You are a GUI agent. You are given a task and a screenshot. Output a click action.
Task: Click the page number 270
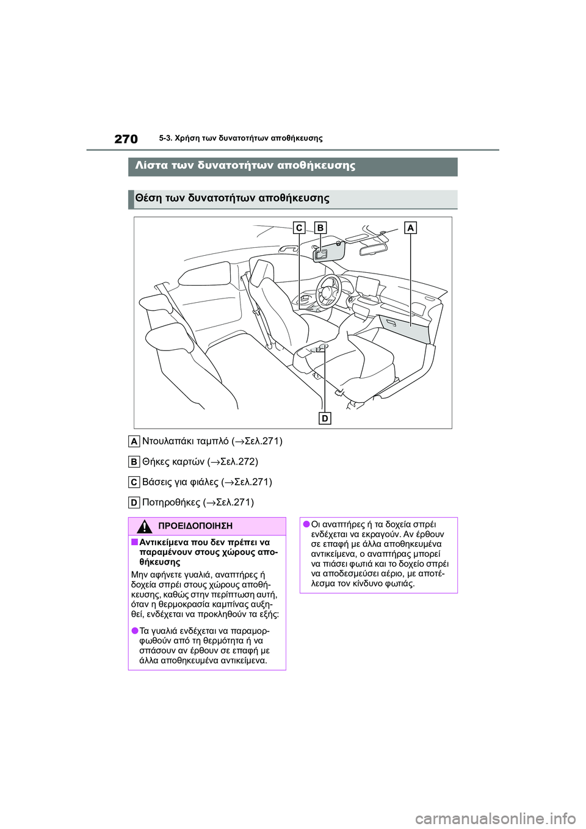pyautogui.click(x=126, y=139)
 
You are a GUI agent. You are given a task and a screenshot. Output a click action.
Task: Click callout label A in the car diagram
pyautogui.click(x=410, y=228)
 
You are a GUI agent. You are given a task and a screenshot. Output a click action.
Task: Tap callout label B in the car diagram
pyautogui.click(x=320, y=228)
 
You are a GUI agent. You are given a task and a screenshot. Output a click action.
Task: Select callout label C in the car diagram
pyautogui.click(x=299, y=228)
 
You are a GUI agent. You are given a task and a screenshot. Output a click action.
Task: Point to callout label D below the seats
pyautogui.click(x=325, y=418)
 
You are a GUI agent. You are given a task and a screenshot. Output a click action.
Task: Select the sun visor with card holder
pyautogui.click(x=329, y=251)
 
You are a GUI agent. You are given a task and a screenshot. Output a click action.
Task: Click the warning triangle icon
pyautogui.click(x=144, y=526)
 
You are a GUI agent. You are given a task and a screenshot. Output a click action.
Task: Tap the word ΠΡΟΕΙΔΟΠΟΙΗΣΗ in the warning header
pyautogui.click(x=195, y=526)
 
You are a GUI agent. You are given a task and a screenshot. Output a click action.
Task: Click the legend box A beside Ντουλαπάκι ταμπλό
pyautogui.click(x=134, y=441)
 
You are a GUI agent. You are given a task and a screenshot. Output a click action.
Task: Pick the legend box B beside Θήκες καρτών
pyautogui.click(x=134, y=462)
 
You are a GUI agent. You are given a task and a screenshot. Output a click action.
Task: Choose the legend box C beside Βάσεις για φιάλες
pyautogui.click(x=134, y=482)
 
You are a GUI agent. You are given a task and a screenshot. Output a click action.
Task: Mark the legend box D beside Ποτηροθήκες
pyautogui.click(x=134, y=502)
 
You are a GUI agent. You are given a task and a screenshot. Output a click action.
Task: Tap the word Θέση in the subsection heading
pyautogui.click(x=148, y=198)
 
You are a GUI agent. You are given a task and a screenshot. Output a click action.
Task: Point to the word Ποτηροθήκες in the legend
pyautogui.click(x=171, y=502)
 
